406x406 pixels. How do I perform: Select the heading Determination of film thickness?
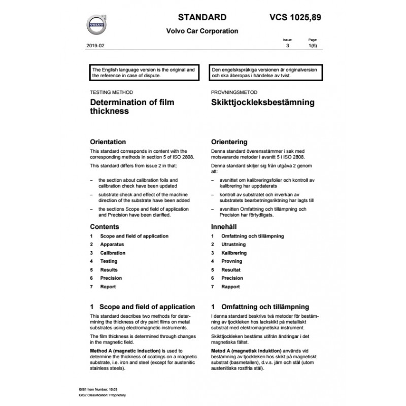(131, 107)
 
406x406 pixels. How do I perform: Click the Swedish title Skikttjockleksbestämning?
(262, 103)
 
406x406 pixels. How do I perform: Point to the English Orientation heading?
(108, 142)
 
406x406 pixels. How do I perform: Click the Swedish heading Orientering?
(229, 142)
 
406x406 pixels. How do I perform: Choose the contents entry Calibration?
(113, 253)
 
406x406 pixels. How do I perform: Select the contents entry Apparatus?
(112, 245)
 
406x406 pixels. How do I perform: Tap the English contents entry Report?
(108, 287)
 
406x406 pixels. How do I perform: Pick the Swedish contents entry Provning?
(232, 261)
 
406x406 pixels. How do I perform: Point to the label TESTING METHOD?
(111, 93)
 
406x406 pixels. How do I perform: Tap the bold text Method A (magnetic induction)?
(121, 351)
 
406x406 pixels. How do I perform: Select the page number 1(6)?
(313, 46)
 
